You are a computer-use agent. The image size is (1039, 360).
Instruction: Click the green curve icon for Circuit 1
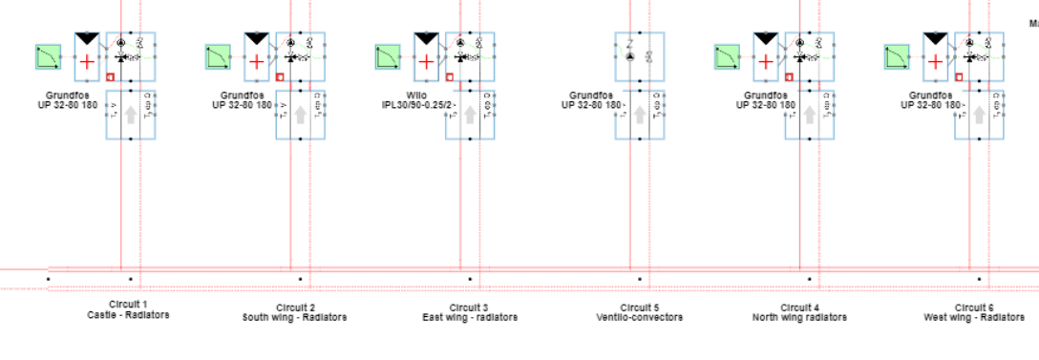point(48,58)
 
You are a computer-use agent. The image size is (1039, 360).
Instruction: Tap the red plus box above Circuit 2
point(257,61)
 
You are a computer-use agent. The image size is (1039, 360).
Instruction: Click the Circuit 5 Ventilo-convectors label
point(640,312)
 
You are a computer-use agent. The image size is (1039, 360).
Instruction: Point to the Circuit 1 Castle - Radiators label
point(128,310)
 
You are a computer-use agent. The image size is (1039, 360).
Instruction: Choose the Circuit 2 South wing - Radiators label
point(294,312)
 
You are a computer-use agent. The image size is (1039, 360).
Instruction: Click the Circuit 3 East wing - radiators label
point(470,312)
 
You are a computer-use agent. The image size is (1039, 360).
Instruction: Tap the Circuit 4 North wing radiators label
point(799,312)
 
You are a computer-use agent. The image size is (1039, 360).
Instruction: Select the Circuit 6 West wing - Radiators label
point(974,312)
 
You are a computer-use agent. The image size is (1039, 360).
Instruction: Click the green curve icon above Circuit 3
point(388,58)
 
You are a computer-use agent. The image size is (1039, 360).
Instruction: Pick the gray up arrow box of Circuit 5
point(640,115)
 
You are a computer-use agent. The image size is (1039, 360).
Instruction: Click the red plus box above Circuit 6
point(935,61)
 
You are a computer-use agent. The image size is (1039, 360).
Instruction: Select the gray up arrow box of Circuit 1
point(130,115)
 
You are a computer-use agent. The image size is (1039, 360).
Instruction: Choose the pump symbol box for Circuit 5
point(640,57)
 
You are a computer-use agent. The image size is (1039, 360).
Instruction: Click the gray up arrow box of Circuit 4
point(810,115)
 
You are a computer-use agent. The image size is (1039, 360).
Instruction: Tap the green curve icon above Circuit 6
point(898,58)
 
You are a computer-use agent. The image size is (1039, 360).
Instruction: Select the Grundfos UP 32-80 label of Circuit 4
point(766,100)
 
